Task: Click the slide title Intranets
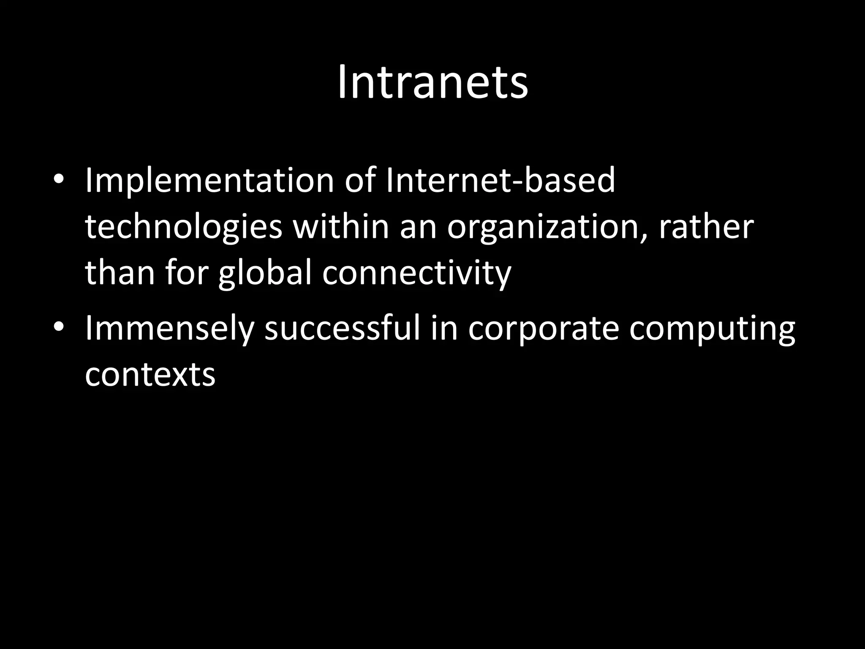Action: (x=432, y=83)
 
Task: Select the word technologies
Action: (x=183, y=227)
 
